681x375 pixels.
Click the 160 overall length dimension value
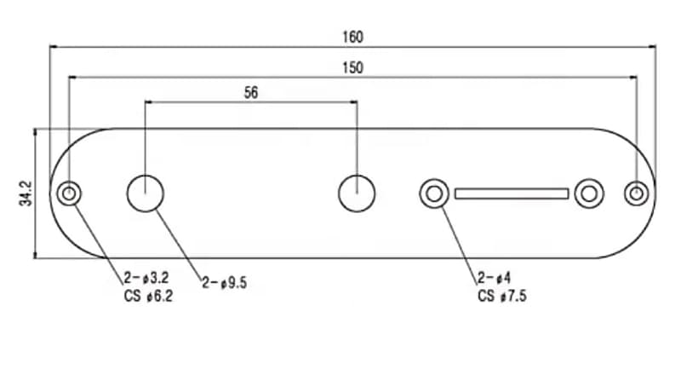352,37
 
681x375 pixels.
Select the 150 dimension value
352,67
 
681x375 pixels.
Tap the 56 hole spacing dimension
251,93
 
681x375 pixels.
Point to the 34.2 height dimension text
25,193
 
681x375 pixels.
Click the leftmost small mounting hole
67,193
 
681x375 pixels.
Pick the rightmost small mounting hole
636,193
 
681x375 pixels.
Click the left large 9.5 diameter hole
146,193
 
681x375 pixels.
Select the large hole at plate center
356,193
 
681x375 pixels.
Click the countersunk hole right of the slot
588,193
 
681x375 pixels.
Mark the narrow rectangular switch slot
511,193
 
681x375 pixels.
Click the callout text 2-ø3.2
146,279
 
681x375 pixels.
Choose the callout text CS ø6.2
146,297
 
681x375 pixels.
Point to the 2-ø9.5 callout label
224,283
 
